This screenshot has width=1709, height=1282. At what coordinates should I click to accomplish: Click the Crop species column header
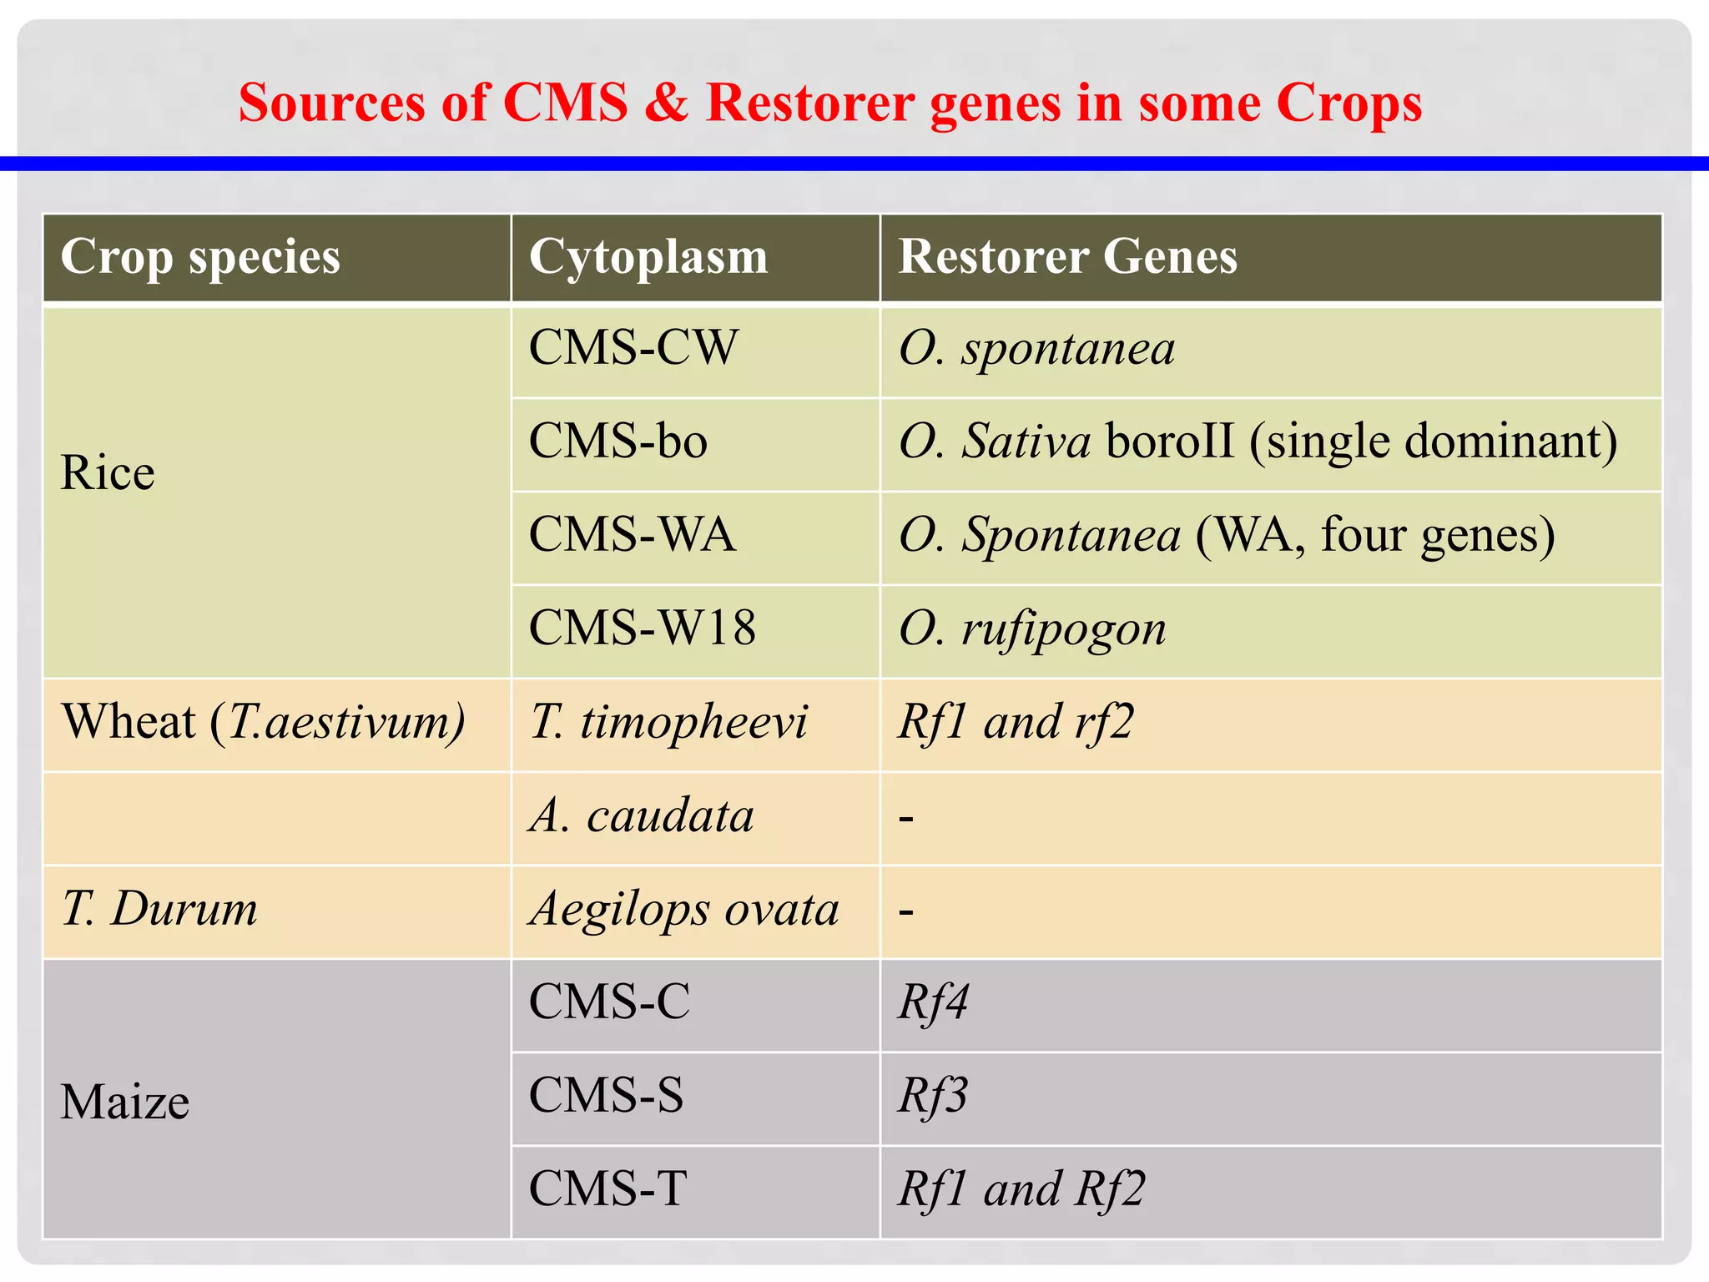click(x=200, y=257)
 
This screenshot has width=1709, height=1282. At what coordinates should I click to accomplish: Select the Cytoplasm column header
click(x=648, y=257)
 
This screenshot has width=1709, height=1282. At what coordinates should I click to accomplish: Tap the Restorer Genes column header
click(x=1067, y=257)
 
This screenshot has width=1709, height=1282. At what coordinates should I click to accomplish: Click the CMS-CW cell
click(x=633, y=348)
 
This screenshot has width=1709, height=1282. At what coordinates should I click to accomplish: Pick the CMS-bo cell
click(x=618, y=442)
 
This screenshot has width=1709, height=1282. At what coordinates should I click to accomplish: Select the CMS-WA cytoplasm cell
click(x=632, y=535)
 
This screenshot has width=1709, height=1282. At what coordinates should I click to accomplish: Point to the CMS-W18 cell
click(x=642, y=628)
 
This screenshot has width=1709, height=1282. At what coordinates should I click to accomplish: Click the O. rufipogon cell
click(x=1032, y=630)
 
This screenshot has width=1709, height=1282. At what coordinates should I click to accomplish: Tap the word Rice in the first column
click(x=108, y=473)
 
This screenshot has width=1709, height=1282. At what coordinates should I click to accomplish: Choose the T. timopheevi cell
click(x=668, y=722)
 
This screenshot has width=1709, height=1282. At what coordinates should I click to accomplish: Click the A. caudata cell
click(x=641, y=815)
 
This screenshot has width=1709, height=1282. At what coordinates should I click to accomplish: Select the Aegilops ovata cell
click(x=684, y=909)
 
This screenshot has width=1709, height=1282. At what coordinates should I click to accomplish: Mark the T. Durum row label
click(x=159, y=909)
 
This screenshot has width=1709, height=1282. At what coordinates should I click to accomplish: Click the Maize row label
click(x=125, y=1103)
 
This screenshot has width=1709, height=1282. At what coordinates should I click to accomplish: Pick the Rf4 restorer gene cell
click(x=933, y=1002)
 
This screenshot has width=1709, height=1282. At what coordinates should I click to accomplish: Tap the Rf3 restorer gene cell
click(x=933, y=1096)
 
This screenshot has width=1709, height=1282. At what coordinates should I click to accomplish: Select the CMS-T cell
click(x=607, y=1189)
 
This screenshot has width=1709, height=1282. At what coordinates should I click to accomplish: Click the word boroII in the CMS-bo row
click(x=1169, y=442)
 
